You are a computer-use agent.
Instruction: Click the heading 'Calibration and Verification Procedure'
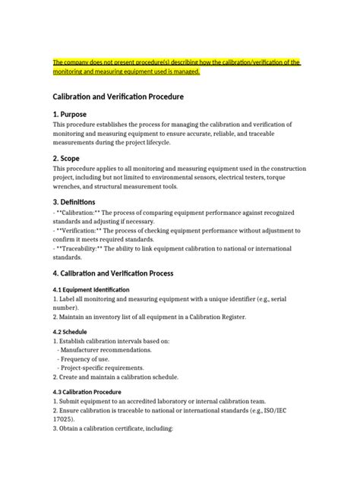[x=118, y=97]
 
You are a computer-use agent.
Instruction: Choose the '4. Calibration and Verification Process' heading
[x=124, y=273]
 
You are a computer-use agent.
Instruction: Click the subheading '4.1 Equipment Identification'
[x=91, y=290]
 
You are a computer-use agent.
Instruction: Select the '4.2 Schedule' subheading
[x=70, y=332]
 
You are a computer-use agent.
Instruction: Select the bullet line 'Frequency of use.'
[x=92, y=358]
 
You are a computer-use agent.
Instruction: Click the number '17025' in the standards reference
[x=65, y=418]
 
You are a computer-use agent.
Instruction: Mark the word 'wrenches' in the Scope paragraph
[x=70, y=185]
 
